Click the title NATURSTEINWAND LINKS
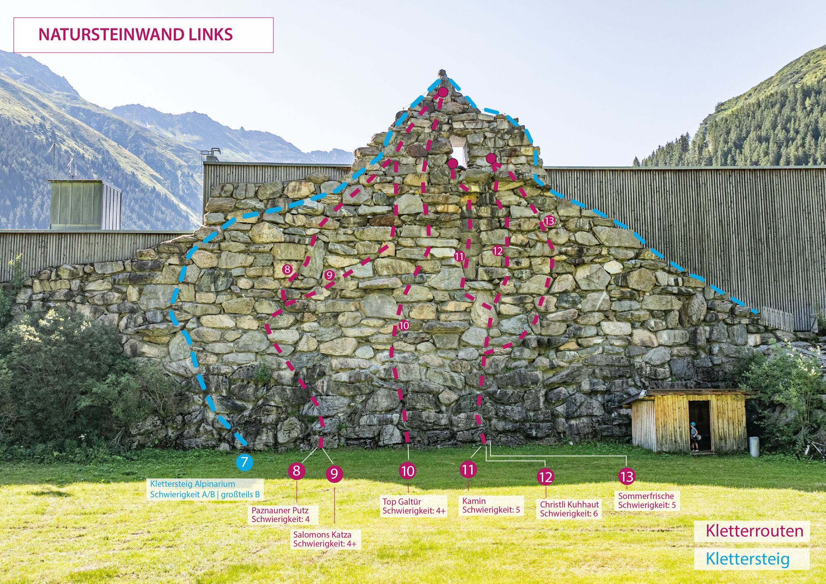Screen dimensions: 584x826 (135, 35)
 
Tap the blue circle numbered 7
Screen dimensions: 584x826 (244, 462)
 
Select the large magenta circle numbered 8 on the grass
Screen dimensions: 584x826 (296, 471)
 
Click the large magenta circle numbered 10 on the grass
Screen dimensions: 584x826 (407, 471)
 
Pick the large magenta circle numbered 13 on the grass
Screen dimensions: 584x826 (626, 477)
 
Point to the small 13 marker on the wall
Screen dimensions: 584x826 (549, 221)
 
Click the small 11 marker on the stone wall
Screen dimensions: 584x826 (459, 257)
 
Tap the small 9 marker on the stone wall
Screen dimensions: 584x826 (329, 275)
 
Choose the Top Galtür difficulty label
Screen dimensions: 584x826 (413, 506)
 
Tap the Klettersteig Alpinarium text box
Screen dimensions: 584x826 (205, 489)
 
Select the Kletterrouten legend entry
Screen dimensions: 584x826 (754, 531)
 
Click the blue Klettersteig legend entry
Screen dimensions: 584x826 (748, 559)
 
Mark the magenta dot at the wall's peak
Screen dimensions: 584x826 (443, 92)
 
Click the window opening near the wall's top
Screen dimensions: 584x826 (459, 150)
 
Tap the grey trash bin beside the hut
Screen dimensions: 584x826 (754, 447)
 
